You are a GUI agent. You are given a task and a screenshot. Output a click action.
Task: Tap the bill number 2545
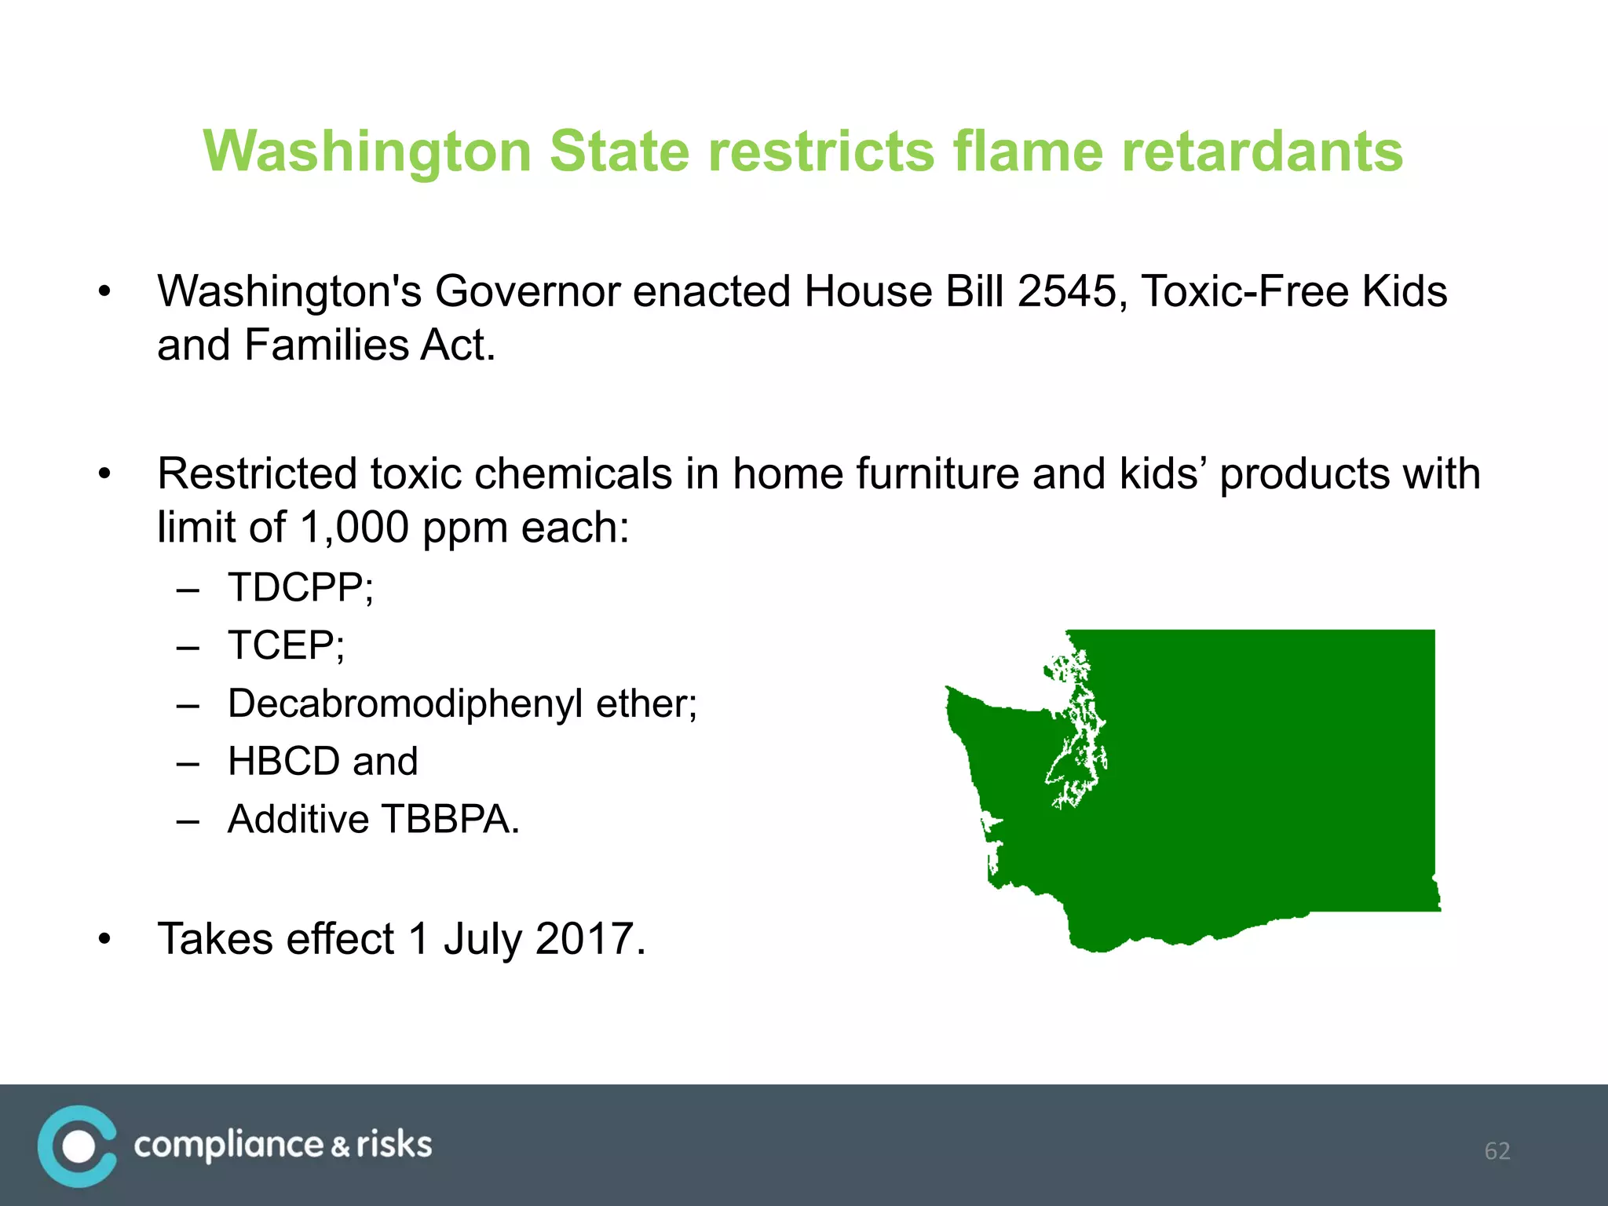1067,291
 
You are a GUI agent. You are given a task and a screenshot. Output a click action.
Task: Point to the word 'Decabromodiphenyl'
405,703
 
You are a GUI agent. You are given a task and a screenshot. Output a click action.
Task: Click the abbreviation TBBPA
450,819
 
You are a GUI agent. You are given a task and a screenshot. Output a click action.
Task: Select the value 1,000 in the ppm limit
354,527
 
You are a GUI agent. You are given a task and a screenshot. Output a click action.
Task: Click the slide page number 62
1497,1151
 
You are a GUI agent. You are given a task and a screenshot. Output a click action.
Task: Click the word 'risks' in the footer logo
394,1145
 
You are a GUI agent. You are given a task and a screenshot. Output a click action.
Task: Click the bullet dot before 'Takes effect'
105,939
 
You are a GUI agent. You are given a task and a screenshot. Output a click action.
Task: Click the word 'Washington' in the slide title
366,151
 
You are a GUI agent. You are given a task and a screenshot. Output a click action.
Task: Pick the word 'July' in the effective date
482,939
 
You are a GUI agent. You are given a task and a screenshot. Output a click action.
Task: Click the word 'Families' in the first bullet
326,345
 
